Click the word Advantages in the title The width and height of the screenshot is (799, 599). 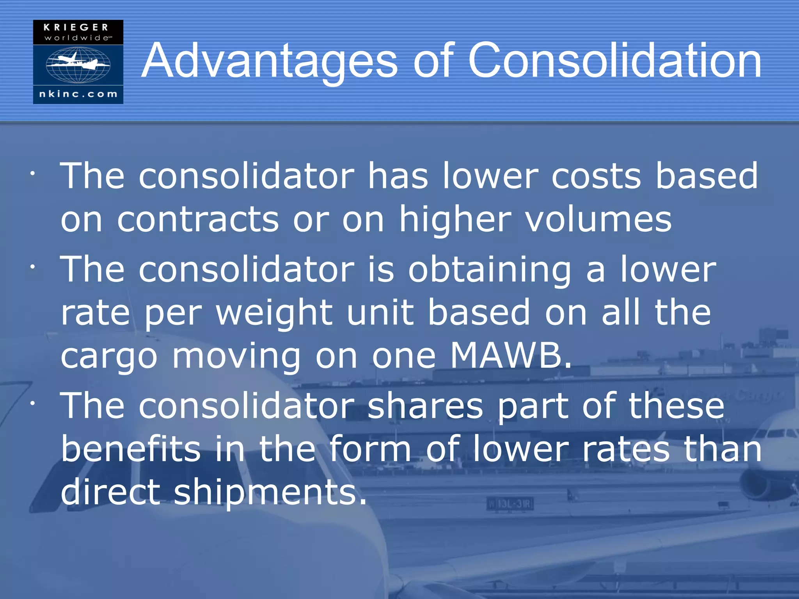(269, 61)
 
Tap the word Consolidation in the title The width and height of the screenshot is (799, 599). (614, 61)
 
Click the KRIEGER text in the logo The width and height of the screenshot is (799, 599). (76, 27)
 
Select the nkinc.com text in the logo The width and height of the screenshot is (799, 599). (78, 94)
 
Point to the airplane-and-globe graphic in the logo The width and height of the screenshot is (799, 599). (78, 64)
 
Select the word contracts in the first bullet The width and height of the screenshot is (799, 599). (198, 219)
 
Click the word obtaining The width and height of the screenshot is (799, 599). (490, 270)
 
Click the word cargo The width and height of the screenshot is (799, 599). (109, 357)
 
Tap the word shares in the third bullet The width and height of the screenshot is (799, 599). (425, 406)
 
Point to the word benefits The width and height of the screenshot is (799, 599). (131, 449)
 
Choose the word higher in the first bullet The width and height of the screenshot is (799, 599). (455, 219)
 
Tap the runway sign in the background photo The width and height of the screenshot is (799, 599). (510, 504)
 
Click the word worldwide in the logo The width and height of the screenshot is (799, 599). (77, 38)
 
